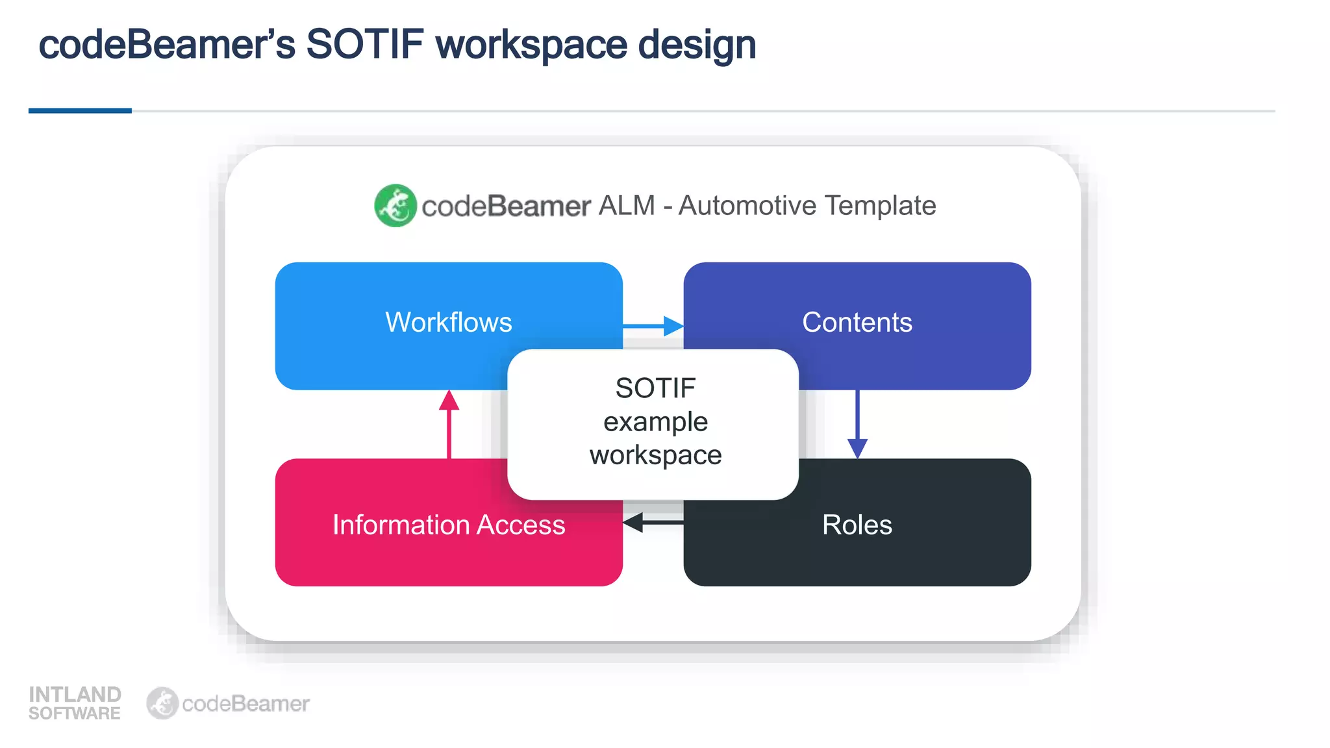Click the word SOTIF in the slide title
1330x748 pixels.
pos(364,45)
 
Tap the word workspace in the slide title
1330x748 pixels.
pos(531,45)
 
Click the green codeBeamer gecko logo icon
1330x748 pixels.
pos(395,206)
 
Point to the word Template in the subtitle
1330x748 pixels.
pos(881,206)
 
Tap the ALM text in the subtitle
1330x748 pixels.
pos(627,206)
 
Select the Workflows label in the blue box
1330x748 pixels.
pos(448,323)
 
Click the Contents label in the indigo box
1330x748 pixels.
pos(857,323)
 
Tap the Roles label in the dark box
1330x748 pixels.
pos(857,525)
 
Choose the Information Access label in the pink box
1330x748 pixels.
pos(448,525)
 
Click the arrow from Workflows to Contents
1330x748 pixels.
pos(653,326)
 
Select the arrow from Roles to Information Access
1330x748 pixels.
pos(653,522)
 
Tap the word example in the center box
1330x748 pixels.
pos(655,422)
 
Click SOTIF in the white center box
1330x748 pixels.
pos(655,388)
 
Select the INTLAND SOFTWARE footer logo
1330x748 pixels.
pos(75,703)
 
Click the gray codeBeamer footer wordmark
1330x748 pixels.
pos(245,704)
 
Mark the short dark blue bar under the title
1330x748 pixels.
pos(80,111)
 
